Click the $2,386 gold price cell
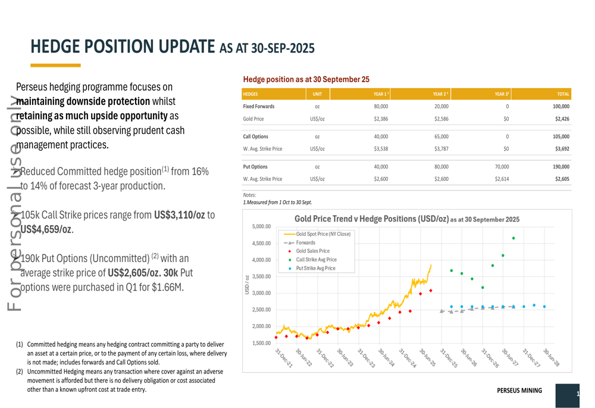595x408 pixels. (381, 119)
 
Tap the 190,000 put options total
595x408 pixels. (560, 167)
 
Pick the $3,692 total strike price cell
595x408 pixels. (562, 148)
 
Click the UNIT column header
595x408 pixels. (317, 94)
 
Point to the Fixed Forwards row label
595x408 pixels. (259, 106)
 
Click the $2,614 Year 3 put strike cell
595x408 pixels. (501, 179)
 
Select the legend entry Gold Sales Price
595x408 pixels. (312, 251)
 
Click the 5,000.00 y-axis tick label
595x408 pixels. (261, 227)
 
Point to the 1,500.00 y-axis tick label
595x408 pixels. (261, 343)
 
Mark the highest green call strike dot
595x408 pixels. (513, 238)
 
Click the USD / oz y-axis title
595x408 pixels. (247, 284)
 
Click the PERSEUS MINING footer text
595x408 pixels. (519, 391)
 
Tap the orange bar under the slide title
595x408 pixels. (55, 65)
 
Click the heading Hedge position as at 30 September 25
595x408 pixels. (306, 79)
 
